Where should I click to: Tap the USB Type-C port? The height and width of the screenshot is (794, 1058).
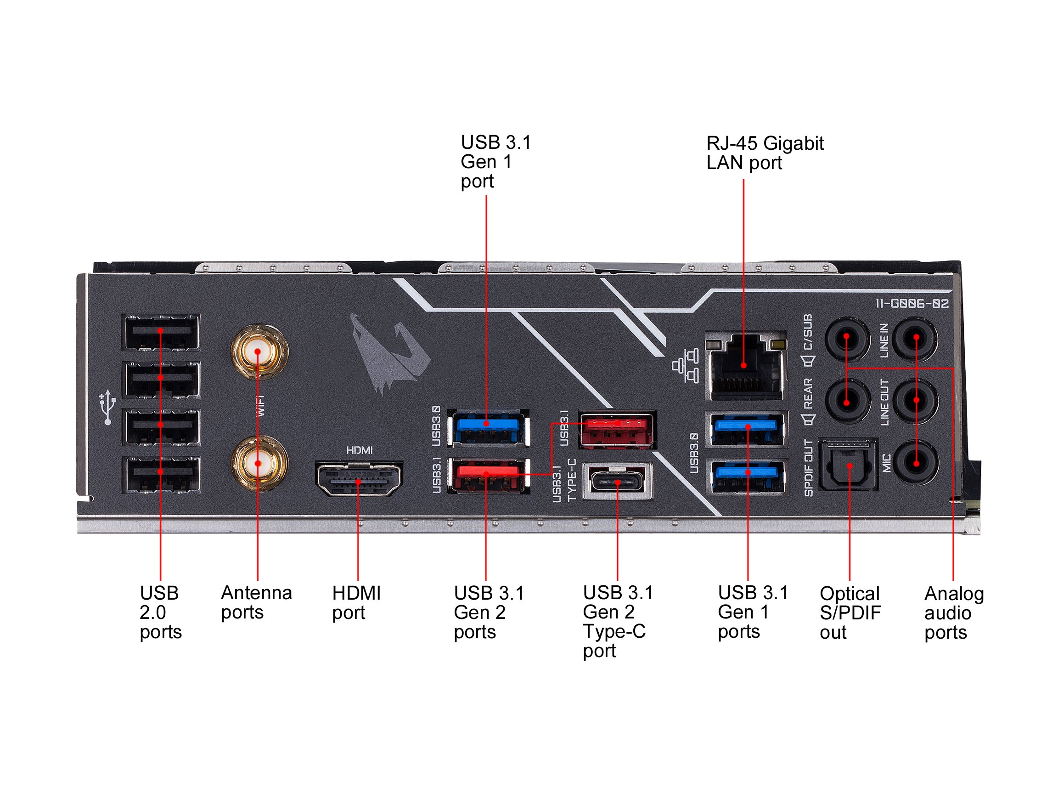coord(618,482)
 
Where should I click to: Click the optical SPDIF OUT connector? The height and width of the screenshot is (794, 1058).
coord(849,465)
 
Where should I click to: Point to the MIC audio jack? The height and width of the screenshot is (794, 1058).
coord(916,463)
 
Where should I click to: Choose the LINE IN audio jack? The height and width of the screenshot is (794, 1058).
coord(916,338)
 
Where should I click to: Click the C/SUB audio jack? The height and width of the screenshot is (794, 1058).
coord(846,338)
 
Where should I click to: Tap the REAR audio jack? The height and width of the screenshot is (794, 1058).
coord(846,401)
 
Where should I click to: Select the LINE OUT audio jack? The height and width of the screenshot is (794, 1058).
coord(916,400)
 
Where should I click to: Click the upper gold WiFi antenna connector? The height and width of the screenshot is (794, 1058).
coord(258,352)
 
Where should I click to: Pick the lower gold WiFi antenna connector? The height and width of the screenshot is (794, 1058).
coord(258,463)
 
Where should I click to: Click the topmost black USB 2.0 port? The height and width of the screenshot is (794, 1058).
coord(161,331)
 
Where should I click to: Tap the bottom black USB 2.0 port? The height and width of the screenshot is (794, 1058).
coord(161,473)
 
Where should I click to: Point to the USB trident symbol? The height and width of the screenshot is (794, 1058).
coord(107,407)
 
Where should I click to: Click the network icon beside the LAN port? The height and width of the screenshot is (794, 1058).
coord(686,367)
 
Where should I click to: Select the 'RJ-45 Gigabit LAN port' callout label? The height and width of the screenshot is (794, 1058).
coord(764,153)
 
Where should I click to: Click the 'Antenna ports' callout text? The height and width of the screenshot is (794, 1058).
coord(256,602)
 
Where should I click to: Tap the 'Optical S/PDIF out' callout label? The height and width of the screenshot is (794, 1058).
coord(850,613)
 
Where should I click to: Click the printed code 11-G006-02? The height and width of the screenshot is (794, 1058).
coord(912,304)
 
